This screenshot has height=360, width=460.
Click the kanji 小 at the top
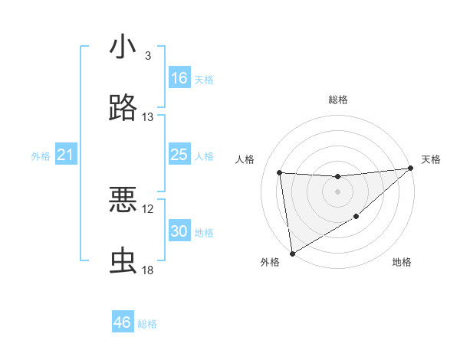[x=123, y=47]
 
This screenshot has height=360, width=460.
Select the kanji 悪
[x=123, y=201]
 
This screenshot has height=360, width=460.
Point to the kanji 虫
[x=123, y=260]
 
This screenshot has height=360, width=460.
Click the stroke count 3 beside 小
[x=147, y=56]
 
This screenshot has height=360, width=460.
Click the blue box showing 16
[x=179, y=78]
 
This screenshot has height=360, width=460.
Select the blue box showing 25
[x=179, y=155]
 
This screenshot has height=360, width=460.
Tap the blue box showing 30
[x=179, y=232]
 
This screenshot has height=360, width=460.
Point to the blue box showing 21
[x=66, y=155]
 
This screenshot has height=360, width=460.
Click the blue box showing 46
[x=123, y=322]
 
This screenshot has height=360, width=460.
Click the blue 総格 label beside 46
[x=147, y=324]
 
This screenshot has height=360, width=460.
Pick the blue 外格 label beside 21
[x=41, y=156]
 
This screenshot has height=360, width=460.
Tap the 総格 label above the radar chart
[x=337, y=100]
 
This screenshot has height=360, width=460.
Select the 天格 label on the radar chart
[x=431, y=159]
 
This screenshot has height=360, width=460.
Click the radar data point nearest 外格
[x=292, y=253]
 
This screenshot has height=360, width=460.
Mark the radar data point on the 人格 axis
[x=280, y=172]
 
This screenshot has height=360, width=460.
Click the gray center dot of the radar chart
[x=337, y=191]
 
